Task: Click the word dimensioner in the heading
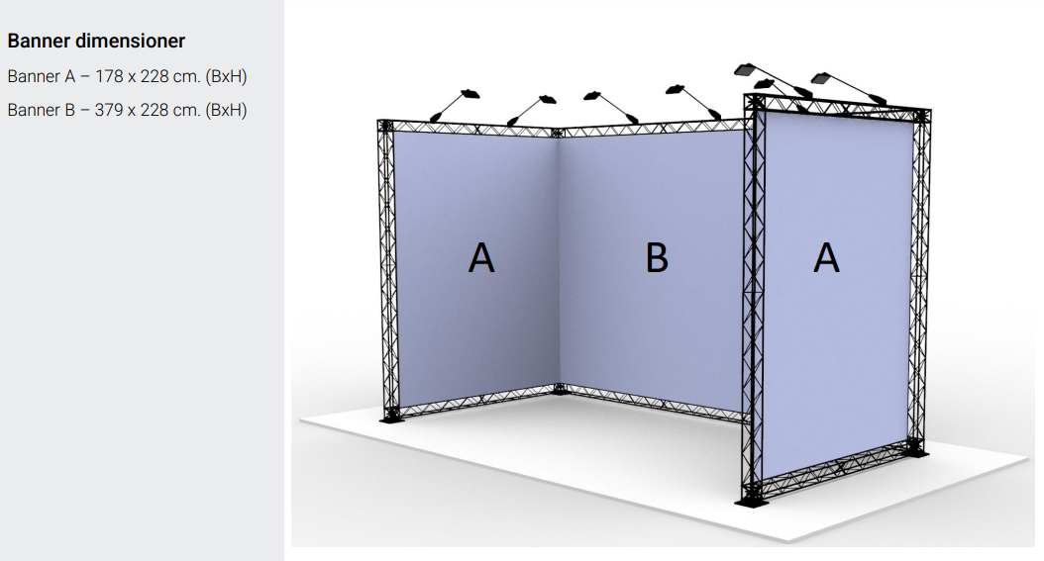[130, 42]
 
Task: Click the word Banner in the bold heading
[39, 42]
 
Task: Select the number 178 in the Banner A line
[109, 76]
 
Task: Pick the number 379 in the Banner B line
[109, 110]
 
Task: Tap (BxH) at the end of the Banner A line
[227, 77]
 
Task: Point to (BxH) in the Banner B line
[227, 111]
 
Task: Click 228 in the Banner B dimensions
[155, 110]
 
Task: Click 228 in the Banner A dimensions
[155, 76]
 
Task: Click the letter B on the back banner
[657, 258]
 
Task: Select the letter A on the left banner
[481, 258]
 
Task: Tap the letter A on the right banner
[826, 258]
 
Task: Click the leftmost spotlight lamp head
[469, 93]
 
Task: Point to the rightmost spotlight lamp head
[824, 78]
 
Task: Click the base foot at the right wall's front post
[753, 501]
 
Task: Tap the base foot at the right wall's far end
[919, 452]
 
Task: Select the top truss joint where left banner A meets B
[558, 133]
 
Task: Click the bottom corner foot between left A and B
[562, 390]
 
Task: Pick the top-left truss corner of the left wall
[385, 126]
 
